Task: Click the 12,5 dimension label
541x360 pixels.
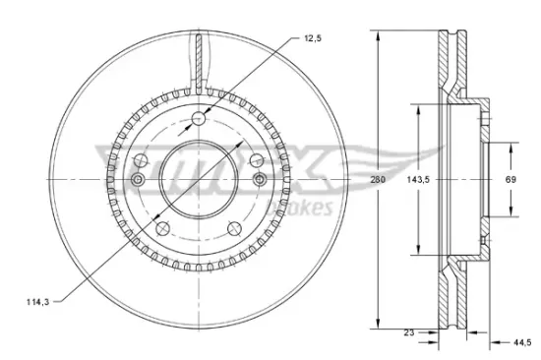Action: (x=313, y=38)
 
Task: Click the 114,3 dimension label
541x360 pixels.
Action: (x=38, y=302)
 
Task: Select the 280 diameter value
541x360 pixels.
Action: (x=378, y=179)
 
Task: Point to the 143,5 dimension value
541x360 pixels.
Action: (x=418, y=179)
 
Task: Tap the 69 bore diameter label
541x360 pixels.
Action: (x=511, y=179)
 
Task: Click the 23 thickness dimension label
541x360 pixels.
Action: (x=409, y=332)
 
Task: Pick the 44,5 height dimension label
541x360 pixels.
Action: (x=522, y=342)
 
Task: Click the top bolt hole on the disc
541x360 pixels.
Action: (x=199, y=119)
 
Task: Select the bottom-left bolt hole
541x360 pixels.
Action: (x=163, y=229)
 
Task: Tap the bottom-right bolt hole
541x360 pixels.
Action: (x=234, y=229)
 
